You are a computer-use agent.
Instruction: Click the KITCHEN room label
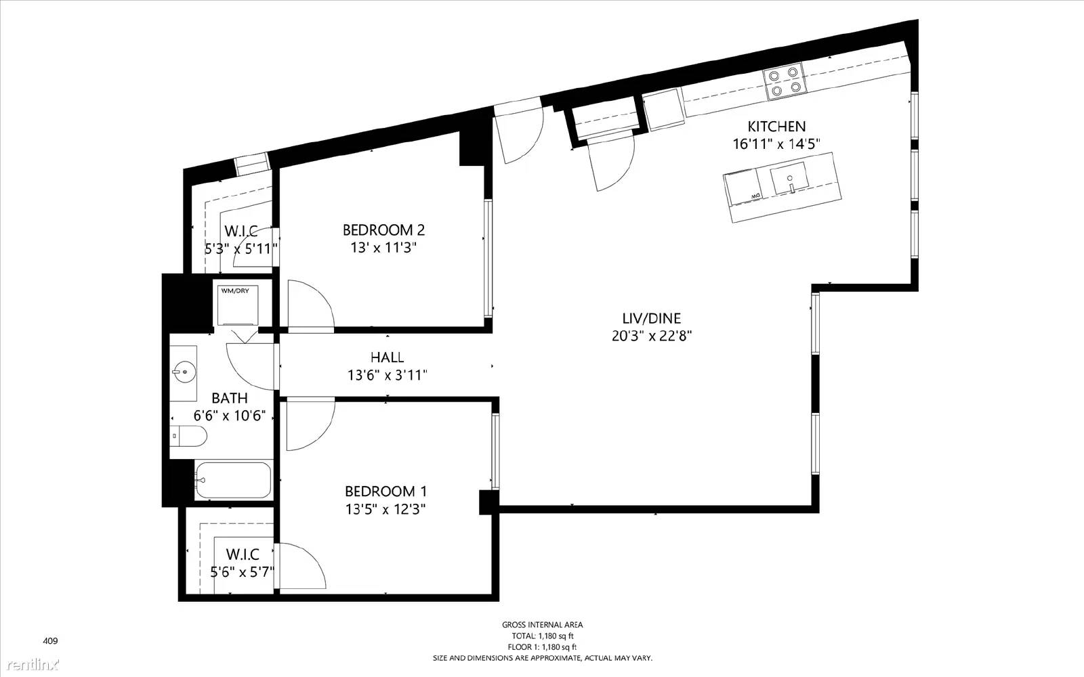pos(776,127)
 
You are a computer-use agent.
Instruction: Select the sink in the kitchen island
pos(789,178)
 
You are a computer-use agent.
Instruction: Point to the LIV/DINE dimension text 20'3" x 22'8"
pos(652,336)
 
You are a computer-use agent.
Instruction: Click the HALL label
pos(387,357)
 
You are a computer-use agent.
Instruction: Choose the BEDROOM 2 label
pos(383,230)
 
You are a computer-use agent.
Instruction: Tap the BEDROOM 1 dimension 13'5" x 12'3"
pos(385,509)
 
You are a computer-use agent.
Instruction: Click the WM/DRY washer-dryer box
pos(238,305)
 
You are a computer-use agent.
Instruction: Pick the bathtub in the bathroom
pos(233,481)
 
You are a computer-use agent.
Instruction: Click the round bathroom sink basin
pos(184,372)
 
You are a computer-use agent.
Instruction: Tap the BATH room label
pos(230,398)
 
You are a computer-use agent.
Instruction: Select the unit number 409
pos(50,640)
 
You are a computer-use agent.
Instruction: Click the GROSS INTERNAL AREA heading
pos(542,625)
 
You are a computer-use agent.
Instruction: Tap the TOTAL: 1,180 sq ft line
pos(542,636)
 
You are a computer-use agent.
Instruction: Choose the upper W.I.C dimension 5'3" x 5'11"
pos(241,249)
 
